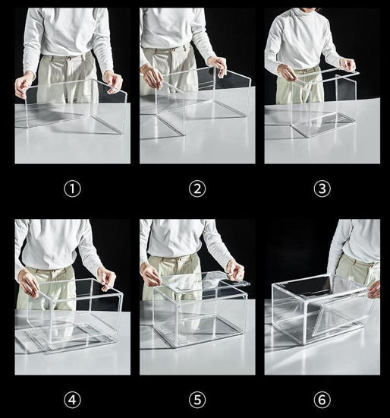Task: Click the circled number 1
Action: point(72,188)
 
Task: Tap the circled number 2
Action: point(197,188)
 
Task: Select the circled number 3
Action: point(322,188)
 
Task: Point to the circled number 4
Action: point(72,397)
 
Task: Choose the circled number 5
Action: point(197,397)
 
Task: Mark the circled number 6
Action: point(322,397)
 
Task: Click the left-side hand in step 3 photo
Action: point(287,72)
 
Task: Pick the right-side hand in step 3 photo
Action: point(347,65)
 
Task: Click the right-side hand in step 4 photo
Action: point(108,278)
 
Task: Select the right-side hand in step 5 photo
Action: point(235,270)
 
